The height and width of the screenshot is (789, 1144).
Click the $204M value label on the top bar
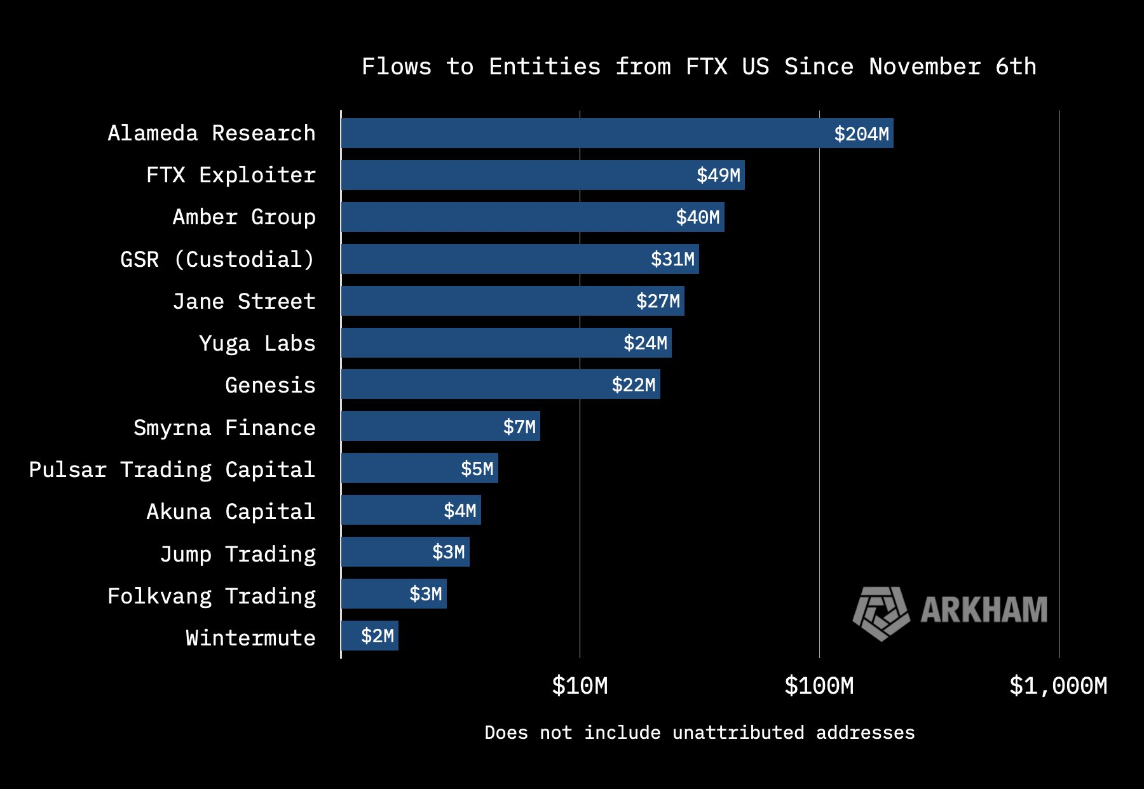(x=861, y=133)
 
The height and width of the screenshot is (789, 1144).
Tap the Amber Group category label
(x=244, y=217)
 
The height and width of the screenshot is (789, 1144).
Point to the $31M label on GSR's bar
(x=672, y=259)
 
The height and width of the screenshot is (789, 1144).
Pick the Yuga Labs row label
(x=257, y=343)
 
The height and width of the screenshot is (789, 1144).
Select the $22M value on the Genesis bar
(x=633, y=385)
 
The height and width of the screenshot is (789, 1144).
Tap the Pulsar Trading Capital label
(x=172, y=469)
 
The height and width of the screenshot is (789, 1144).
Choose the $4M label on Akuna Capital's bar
(x=460, y=511)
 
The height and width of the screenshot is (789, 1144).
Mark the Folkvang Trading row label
(x=211, y=596)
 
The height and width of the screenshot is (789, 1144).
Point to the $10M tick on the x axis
(x=580, y=686)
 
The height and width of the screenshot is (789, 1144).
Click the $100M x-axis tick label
(x=819, y=686)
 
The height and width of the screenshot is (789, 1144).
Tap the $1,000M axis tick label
(x=1058, y=686)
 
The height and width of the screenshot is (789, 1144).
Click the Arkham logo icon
(x=881, y=612)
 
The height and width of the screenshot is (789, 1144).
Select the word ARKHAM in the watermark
(x=983, y=610)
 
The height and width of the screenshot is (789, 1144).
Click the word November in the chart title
(x=925, y=67)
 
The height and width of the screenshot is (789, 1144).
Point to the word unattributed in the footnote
(x=738, y=732)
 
